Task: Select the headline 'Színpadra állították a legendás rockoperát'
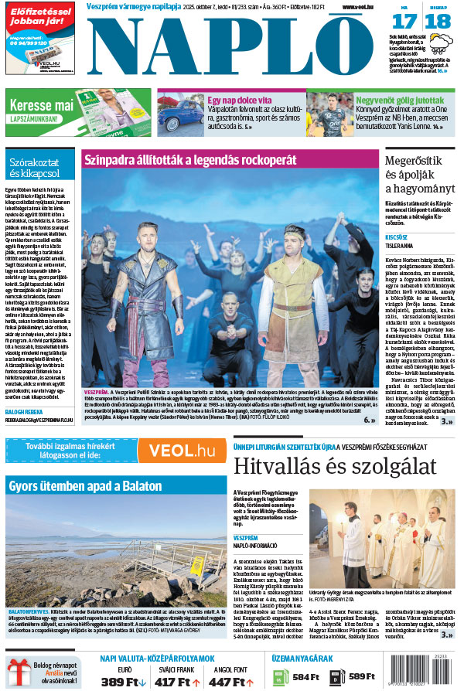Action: click(x=191, y=158)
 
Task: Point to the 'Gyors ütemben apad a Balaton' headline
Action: click(x=85, y=486)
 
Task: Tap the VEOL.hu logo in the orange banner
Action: click(x=183, y=451)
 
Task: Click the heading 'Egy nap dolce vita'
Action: click(x=238, y=100)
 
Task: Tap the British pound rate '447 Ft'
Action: click(x=227, y=681)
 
